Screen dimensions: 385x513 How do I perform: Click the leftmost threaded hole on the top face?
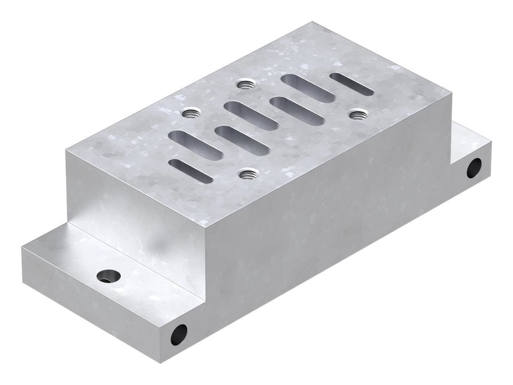(x=191, y=113)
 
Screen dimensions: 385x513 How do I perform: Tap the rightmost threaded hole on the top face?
(x=356, y=115)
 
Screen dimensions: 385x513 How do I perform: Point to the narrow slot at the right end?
(x=352, y=84)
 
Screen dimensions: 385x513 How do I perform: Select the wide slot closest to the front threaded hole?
(x=242, y=140)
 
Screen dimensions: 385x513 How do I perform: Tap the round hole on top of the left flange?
(x=108, y=276)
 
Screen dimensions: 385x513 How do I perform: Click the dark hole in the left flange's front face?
(x=179, y=334)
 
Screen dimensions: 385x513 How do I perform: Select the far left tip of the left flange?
(x=21, y=247)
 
